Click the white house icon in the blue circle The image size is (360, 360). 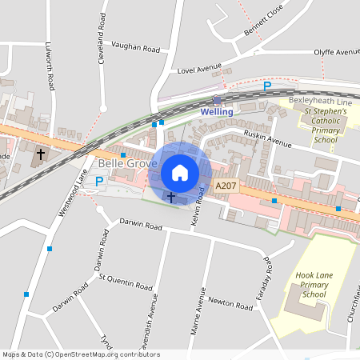tap(180, 173)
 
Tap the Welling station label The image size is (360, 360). tap(217, 112)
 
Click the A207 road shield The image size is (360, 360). tap(226, 186)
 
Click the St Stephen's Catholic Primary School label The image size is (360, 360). tap(324, 126)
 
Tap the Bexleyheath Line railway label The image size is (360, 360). tap(320, 102)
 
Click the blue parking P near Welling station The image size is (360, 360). tap(268, 86)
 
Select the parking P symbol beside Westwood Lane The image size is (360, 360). tap(99, 182)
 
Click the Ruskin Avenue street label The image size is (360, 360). tap(268, 139)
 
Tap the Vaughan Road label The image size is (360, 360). tap(135, 47)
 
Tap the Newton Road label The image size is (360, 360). tap(230, 303)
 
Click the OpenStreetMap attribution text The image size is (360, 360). tap(70, 354)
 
